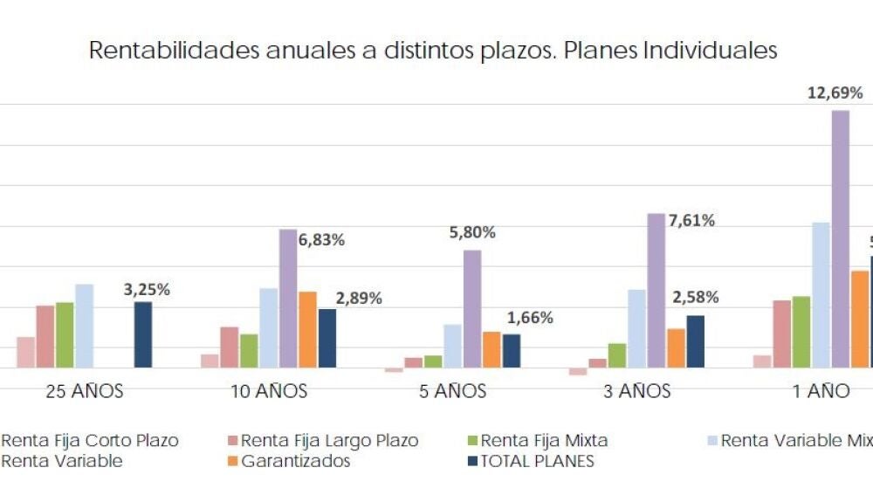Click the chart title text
pos(433,51)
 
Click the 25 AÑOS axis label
pos(84,391)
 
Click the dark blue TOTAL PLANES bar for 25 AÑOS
pos(142,334)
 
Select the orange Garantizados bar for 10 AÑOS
pos(307,329)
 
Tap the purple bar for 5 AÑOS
pos(471,308)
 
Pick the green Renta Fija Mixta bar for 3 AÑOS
pos(616,354)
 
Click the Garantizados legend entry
pos(289,461)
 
